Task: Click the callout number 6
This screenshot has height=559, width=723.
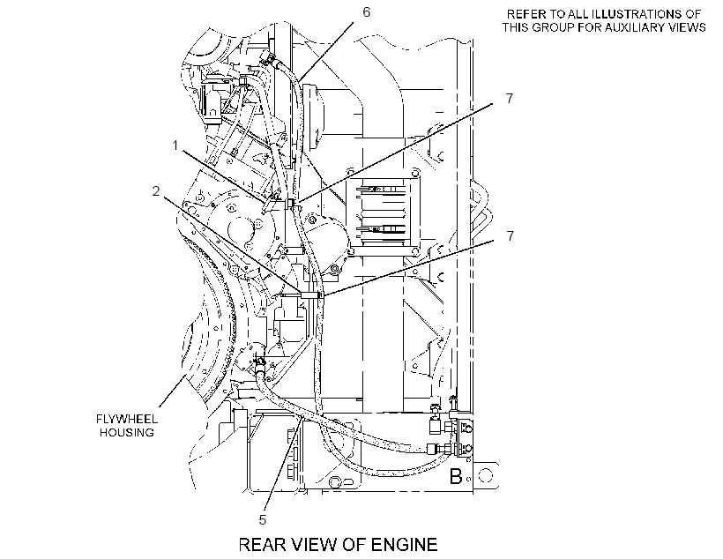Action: pos(366,12)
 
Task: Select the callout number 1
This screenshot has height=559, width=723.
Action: pos(175,145)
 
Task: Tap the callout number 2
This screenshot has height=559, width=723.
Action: pos(156,190)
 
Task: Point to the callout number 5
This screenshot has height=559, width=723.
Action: pos(263,520)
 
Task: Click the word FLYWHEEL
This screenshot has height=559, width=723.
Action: pos(127,419)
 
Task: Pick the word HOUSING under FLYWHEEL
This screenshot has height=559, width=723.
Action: pos(127,433)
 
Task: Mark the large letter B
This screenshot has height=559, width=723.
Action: pos(456,476)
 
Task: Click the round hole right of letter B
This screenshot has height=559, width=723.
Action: pos(487,475)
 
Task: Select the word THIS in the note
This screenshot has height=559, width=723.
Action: pos(516,27)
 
